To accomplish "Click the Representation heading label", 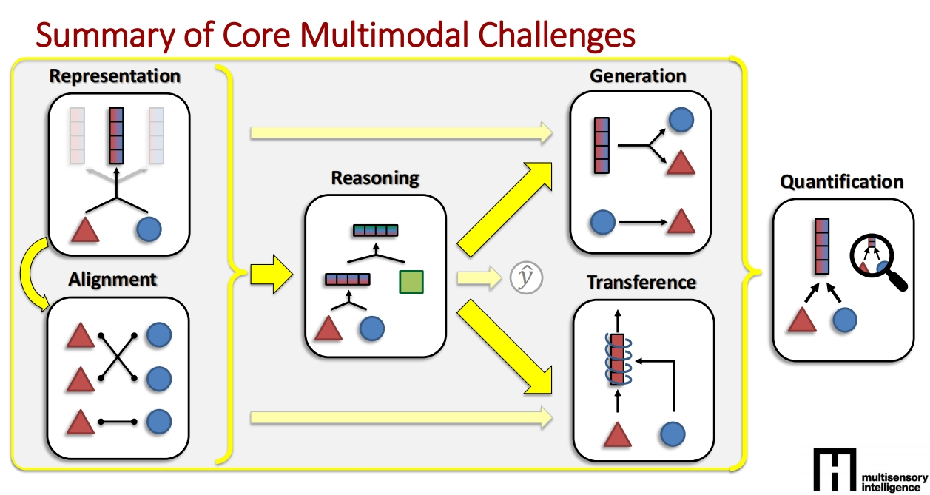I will [x=115, y=76].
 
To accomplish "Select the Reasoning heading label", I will [x=374, y=178].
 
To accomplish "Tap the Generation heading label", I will [x=638, y=76].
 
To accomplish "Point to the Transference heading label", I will [x=641, y=283].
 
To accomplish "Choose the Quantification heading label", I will [x=842, y=182].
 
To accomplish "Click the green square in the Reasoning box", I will [x=411, y=283].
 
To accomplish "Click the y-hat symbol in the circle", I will [x=526, y=277].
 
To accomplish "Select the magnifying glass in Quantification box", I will [x=878, y=260].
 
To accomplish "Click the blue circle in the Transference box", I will [x=673, y=434].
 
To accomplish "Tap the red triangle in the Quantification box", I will [x=801, y=320].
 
